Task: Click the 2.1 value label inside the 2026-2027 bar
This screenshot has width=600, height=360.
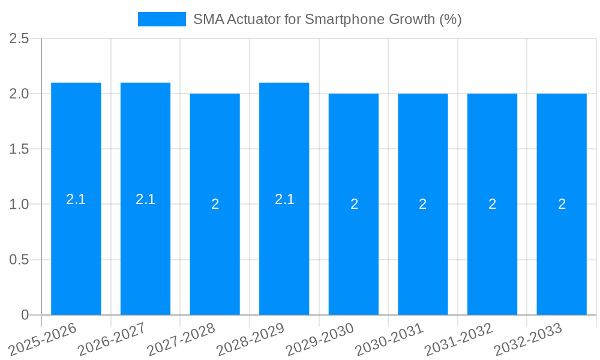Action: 145,199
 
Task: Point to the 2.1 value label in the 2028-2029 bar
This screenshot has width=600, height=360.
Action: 284,199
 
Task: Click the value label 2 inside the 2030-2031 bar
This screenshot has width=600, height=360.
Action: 423,204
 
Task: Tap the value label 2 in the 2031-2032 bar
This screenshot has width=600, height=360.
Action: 492,204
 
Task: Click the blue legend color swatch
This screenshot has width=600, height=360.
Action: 162,19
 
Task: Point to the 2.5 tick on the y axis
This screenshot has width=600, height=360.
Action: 20,39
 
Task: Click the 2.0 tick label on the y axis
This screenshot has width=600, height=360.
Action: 20,94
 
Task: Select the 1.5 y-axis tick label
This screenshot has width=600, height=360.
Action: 20,149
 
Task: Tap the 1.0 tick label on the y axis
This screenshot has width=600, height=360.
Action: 20,205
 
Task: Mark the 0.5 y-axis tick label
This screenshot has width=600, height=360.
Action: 20,260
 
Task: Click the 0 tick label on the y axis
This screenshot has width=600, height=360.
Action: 25,315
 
